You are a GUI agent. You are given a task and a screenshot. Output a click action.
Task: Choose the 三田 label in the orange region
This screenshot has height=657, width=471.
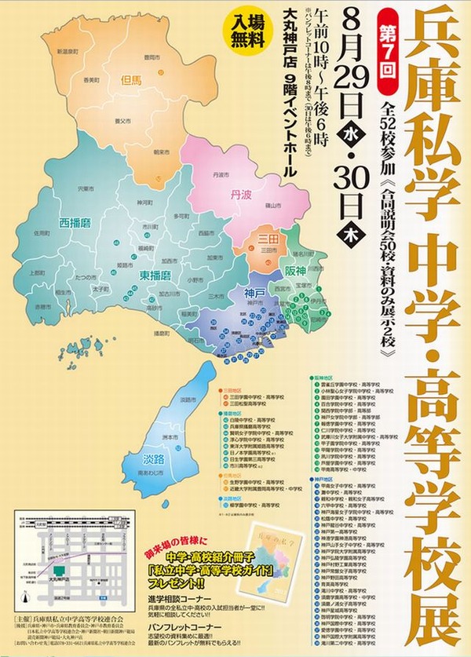click(x=268, y=236)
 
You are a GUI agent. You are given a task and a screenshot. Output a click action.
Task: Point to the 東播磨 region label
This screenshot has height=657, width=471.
click(x=155, y=275)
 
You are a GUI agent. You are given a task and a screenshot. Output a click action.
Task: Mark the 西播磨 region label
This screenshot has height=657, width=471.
click(x=75, y=223)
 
